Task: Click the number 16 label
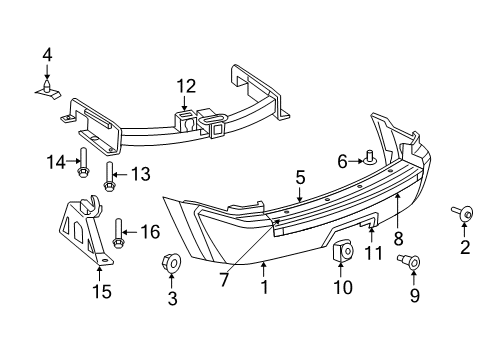(150, 232)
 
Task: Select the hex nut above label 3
(171, 263)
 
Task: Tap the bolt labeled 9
(410, 262)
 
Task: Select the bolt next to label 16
(121, 235)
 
